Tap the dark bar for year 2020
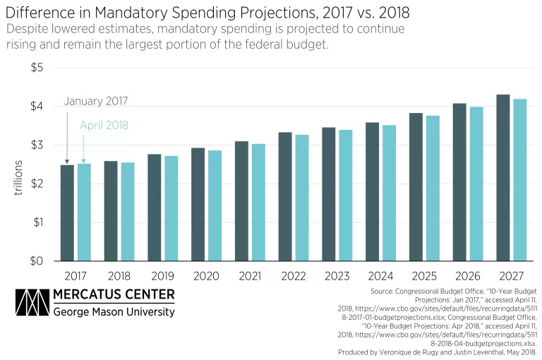point(198,204)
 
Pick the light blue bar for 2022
point(301,198)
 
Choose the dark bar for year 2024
point(372,191)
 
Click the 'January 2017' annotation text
point(96,101)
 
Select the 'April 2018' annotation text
point(103,126)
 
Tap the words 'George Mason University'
point(114,311)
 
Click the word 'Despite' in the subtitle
point(29,30)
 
